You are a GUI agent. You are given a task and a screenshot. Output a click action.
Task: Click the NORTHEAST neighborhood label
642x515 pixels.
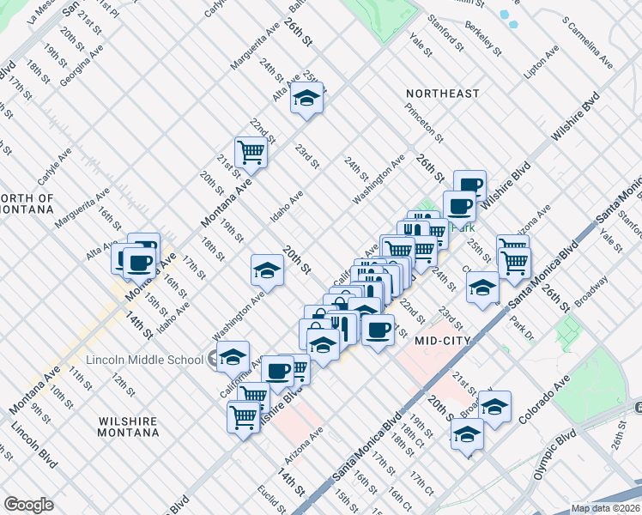444,93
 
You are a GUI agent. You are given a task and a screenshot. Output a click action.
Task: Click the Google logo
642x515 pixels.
28,505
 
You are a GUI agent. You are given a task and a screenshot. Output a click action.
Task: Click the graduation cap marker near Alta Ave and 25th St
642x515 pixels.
306,100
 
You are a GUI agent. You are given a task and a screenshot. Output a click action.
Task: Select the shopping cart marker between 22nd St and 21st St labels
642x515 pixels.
251,152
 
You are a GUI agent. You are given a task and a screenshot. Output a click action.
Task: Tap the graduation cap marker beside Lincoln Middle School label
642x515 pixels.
232,356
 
